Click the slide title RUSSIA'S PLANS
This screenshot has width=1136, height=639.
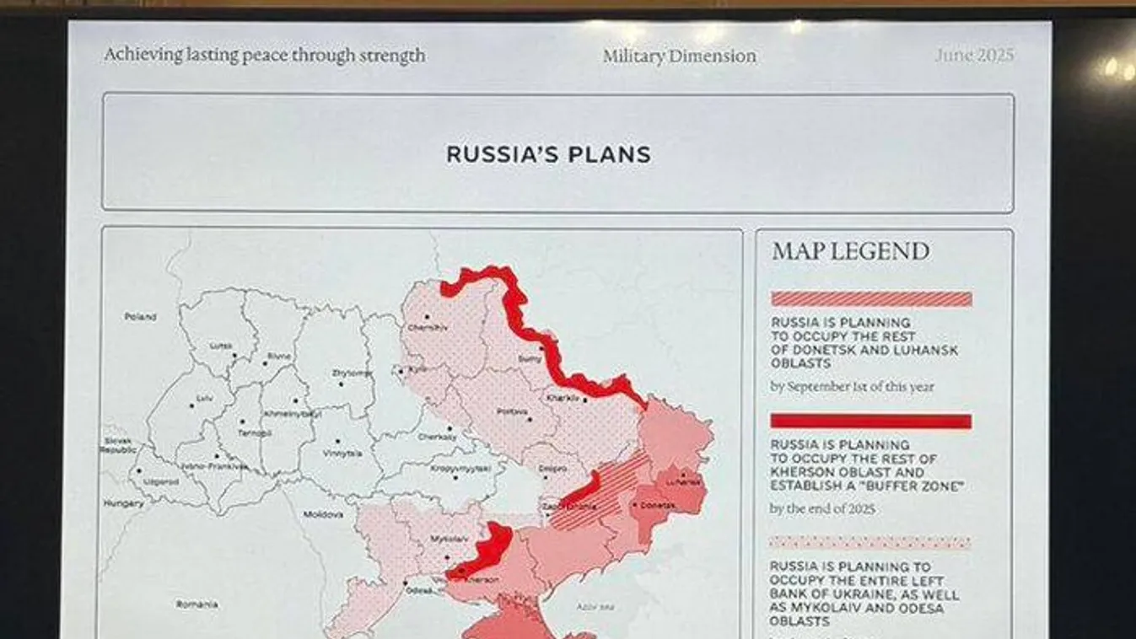click(548, 155)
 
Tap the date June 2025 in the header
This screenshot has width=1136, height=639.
click(973, 56)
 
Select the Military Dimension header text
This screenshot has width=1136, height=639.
click(679, 56)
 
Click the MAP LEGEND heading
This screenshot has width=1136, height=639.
click(850, 251)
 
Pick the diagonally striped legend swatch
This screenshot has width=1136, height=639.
click(871, 299)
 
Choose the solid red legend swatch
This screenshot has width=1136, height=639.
click(871, 421)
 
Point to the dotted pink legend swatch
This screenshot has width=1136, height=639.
click(871, 543)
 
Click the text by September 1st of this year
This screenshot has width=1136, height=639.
click(852, 387)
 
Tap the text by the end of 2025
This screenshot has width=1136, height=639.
click(822, 509)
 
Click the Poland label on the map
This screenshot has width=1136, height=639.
click(140, 317)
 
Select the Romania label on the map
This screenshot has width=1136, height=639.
click(197, 604)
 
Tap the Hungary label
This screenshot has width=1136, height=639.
click(123, 503)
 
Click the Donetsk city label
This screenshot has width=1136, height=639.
click(659, 505)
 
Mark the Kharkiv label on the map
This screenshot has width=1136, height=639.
click(563, 397)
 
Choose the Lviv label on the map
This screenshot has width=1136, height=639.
click(204, 397)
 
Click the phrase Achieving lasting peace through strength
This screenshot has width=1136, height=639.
click(264, 56)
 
